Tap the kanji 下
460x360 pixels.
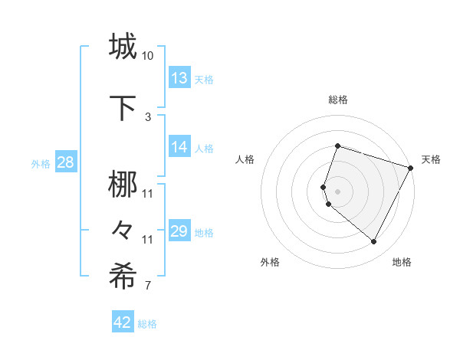(123, 107)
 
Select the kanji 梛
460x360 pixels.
(123, 185)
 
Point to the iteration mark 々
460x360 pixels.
(123, 229)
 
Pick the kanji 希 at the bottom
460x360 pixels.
(123, 277)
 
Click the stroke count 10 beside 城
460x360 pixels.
(148, 56)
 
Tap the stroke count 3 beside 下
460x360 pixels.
(148, 116)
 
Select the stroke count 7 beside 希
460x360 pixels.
(148, 286)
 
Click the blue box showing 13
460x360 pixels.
(179, 78)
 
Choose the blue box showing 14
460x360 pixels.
(179, 147)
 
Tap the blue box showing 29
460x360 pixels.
(179, 231)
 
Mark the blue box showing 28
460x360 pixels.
(65, 163)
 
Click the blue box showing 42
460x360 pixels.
(123, 322)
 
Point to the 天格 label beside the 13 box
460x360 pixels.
(204, 80)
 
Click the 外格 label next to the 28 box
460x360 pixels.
(41, 164)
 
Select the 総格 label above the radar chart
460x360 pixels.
(337, 100)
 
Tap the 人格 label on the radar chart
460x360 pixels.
(245, 159)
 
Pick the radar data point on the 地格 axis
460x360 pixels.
(373, 242)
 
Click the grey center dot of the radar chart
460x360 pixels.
(337, 191)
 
